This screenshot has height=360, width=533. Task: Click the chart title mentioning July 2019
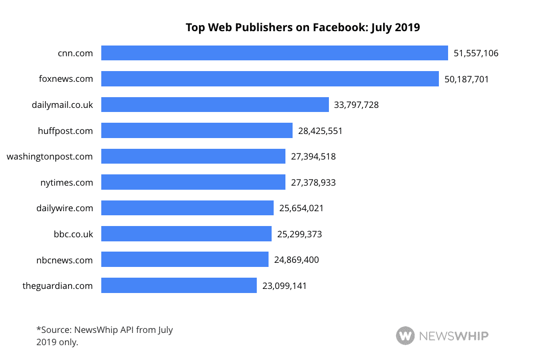(302, 27)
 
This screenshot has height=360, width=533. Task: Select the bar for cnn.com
(275, 53)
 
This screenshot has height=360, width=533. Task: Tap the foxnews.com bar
(270, 79)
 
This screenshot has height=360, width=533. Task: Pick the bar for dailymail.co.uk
(215, 105)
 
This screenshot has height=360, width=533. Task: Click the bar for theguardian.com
(179, 285)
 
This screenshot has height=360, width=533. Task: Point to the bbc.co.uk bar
(186, 234)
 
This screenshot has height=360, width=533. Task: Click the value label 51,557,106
(476, 53)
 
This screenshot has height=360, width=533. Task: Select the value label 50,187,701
(467, 79)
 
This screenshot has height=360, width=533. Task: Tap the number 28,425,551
(320, 131)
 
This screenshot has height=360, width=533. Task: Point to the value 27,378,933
(314, 182)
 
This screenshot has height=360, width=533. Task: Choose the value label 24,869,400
(297, 260)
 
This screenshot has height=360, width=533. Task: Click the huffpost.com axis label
(65, 131)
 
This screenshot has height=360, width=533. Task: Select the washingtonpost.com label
(50, 156)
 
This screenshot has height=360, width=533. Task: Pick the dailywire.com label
(65, 208)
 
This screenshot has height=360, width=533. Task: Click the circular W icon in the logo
(405, 336)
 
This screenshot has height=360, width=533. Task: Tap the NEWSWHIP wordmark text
(454, 336)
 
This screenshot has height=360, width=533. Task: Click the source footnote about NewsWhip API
(105, 336)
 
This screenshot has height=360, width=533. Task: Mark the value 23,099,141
(284, 286)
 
